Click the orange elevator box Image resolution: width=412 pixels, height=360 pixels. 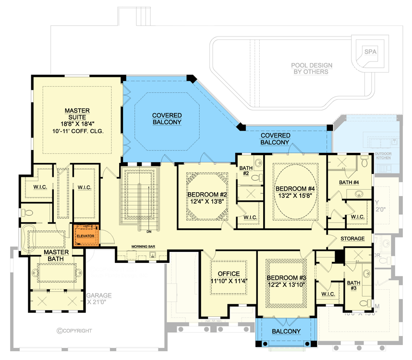[x=86, y=236]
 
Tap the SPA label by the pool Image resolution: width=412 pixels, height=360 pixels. [x=370, y=51]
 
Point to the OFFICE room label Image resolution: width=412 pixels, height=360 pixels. [x=229, y=274]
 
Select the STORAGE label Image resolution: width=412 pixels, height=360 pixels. [x=356, y=239]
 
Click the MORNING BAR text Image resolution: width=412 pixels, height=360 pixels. [x=143, y=247]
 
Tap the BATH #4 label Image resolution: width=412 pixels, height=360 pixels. [x=349, y=182]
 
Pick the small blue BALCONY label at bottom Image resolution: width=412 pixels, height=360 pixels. [x=286, y=331]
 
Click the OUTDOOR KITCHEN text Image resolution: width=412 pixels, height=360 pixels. [x=383, y=156]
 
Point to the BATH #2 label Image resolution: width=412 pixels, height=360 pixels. [x=245, y=170]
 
